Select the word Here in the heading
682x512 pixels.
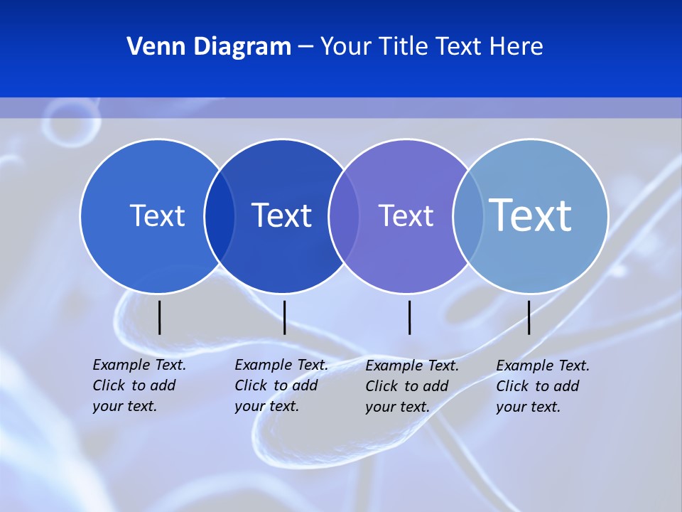point(516,47)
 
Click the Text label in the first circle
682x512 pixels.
point(157,215)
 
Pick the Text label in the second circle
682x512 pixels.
point(282,215)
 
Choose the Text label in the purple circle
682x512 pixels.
point(406,215)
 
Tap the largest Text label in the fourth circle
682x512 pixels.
point(531,215)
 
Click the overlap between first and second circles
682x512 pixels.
point(220,216)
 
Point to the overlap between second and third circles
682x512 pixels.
point(345,216)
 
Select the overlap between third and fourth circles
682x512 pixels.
point(468,216)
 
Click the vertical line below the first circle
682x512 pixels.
point(160,317)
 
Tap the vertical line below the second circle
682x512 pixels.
point(284,317)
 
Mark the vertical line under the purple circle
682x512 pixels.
point(410,317)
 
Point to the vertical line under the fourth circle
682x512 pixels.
point(529,317)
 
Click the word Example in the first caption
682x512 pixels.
point(121,365)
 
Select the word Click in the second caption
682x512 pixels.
point(251,385)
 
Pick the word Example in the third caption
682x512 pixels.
point(394,366)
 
